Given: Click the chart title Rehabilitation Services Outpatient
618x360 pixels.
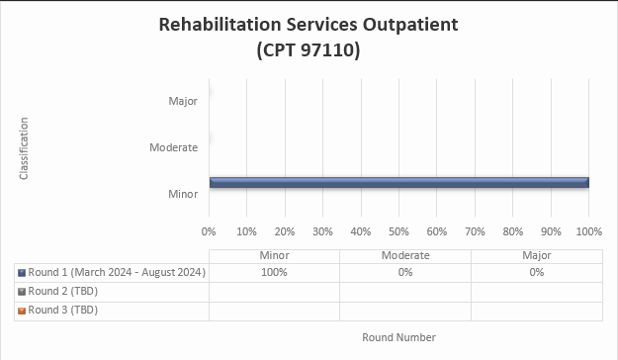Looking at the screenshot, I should click(309, 25).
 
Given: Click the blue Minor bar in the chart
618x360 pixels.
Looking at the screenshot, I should click(398, 182).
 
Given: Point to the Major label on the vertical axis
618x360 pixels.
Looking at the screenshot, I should click(183, 101).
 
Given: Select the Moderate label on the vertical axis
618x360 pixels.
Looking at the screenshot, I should click(174, 147).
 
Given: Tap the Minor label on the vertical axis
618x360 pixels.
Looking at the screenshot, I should click(183, 194).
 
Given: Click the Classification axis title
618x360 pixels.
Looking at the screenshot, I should click(24, 148).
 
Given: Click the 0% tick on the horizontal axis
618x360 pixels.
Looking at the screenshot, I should click(209, 231).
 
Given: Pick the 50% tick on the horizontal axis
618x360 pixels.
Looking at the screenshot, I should click(398, 231).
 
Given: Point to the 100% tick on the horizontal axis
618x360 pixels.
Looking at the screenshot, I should click(588, 231).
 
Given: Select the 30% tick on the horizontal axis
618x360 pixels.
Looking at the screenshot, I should click(322, 231).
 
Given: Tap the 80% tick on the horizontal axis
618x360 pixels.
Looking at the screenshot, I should click(512, 231).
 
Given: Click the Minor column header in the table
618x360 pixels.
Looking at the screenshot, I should click(274, 255).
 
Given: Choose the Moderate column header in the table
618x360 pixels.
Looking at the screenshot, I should click(405, 255).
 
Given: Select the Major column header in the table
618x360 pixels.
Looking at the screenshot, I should click(536, 255).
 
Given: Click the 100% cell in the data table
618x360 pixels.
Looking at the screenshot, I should click(274, 272).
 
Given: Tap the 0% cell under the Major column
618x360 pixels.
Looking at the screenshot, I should click(536, 272).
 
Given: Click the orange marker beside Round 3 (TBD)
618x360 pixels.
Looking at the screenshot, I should click(22, 310).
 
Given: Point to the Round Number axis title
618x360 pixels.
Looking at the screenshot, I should click(398, 337).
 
